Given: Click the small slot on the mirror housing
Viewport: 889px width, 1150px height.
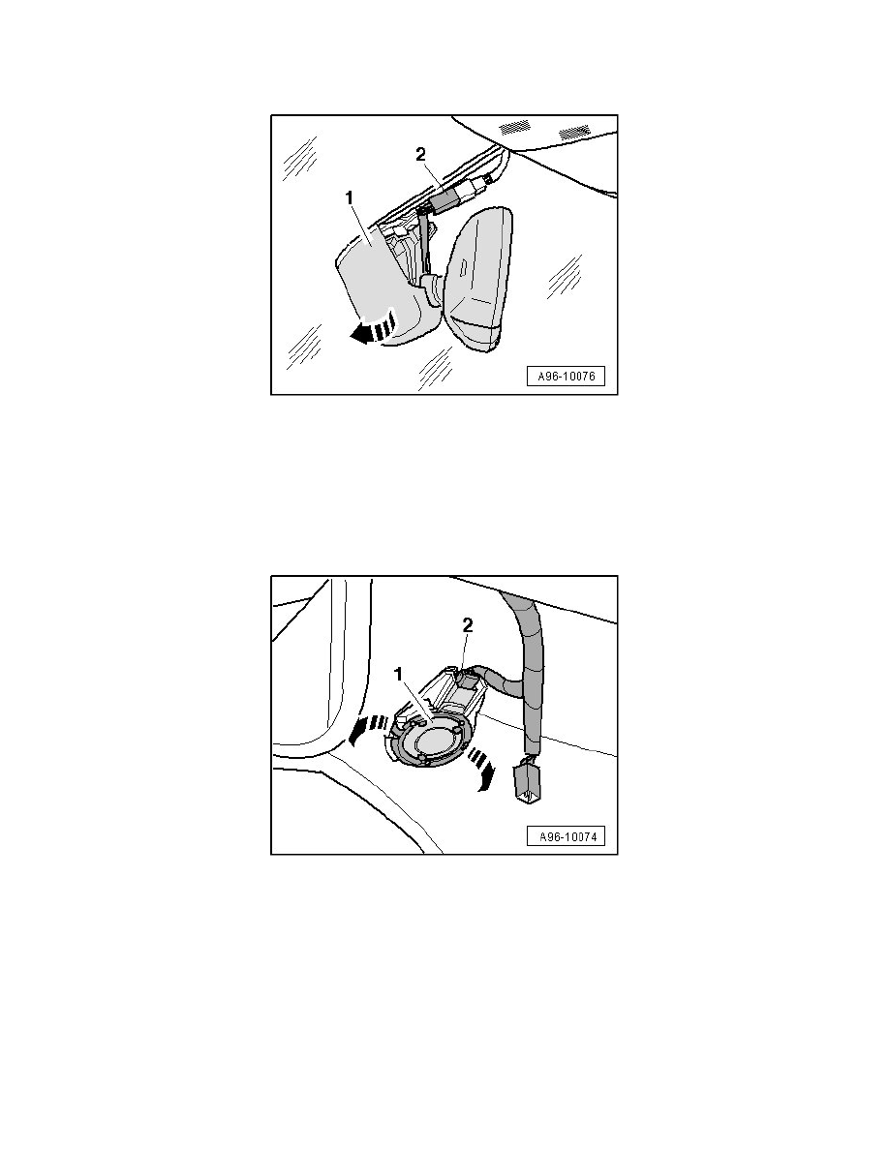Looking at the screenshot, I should click(463, 267).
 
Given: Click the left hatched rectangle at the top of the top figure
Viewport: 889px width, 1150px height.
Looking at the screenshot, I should click(514, 126).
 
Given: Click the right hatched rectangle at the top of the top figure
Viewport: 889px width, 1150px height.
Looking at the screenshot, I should click(573, 128).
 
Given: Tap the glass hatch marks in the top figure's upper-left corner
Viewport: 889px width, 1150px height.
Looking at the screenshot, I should click(299, 158).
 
